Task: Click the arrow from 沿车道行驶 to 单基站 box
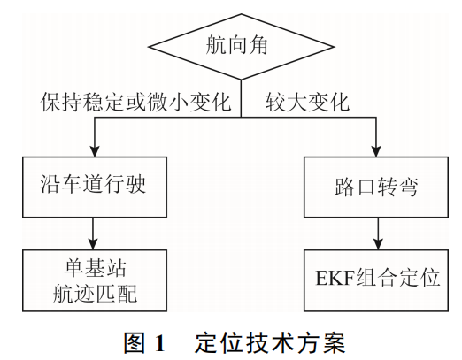click(x=95, y=232)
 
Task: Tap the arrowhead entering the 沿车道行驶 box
click(x=95, y=152)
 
